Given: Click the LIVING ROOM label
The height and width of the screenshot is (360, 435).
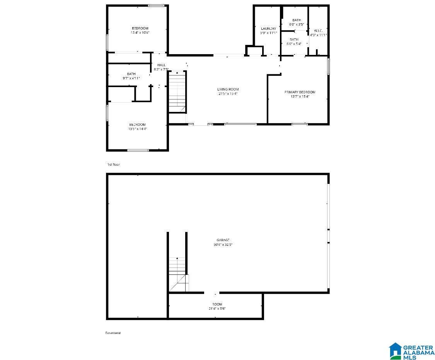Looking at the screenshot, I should [x=228, y=89].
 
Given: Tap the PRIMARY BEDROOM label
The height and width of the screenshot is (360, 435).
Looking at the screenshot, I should [x=300, y=92].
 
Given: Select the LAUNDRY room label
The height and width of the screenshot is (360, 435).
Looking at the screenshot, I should [x=268, y=29].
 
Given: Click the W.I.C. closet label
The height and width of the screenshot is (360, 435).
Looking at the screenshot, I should [x=318, y=31].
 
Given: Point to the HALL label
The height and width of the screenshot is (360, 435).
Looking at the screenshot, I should [x=161, y=65].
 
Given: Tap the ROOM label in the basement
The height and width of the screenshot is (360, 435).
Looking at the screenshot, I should [x=217, y=304].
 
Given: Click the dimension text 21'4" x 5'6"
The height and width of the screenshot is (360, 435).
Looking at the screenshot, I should [x=217, y=309].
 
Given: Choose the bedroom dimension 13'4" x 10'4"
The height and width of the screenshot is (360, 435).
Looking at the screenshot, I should [x=140, y=33].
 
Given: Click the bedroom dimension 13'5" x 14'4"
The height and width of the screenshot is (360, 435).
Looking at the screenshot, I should [x=137, y=129].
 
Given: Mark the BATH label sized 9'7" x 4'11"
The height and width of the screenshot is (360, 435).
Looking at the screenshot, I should [x=131, y=74].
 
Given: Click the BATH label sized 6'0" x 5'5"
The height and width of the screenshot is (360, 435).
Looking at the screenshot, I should [x=296, y=20].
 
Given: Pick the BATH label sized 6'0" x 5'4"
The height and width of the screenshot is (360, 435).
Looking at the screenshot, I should [x=294, y=39].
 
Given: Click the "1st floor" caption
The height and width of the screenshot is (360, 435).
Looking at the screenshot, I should [x=113, y=165].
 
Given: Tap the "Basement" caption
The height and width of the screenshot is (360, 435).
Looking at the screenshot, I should [x=113, y=333].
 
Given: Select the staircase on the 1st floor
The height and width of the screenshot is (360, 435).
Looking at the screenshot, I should [x=177, y=91].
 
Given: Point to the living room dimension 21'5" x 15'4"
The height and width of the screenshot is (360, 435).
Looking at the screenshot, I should [x=228, y=94].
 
